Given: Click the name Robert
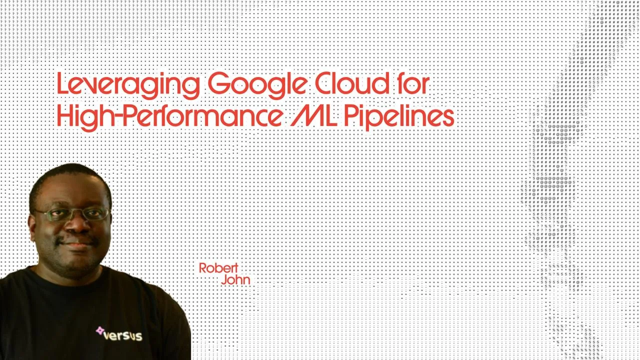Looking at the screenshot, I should coord(218,268).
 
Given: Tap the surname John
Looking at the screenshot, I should coord(235,280).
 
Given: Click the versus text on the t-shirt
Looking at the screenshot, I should coord(122,335).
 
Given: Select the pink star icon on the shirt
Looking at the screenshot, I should coord(100,331).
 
